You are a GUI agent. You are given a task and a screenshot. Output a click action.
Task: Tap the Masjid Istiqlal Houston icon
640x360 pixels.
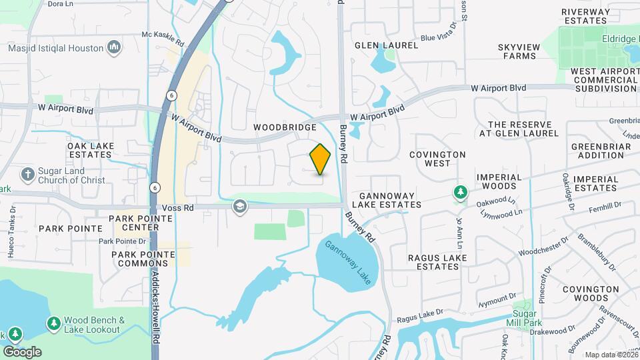[x=114, y=47]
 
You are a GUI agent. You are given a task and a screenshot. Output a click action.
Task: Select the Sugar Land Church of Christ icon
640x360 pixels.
[x=27, y=175]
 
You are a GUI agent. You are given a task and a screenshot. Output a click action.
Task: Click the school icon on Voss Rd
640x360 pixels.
[x=239, y=207]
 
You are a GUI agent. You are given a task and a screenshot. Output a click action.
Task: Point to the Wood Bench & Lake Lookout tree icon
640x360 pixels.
[x=53, y=323]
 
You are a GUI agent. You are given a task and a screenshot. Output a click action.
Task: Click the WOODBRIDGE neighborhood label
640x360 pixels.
[x=285, y=127]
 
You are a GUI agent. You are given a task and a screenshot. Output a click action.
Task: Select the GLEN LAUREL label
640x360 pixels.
[x=386, y=45]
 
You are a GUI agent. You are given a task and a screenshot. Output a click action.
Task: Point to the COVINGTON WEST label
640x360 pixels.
[x=437, y=159]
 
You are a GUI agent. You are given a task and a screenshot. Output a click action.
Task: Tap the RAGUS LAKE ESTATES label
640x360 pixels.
[x=433, y=262]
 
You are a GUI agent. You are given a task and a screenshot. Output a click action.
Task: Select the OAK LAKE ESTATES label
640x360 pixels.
[x=90, y=150]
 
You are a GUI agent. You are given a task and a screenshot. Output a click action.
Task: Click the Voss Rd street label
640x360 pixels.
[x=181, y=208]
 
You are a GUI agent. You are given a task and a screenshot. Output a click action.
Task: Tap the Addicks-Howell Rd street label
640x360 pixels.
[x=155, y=307]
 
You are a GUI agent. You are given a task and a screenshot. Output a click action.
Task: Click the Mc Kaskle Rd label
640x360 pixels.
[x=163, y=38]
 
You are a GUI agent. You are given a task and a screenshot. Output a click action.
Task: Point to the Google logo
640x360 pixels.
[x=22, y=351]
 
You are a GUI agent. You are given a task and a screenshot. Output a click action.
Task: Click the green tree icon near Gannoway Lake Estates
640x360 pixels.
[x=460, y=193]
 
